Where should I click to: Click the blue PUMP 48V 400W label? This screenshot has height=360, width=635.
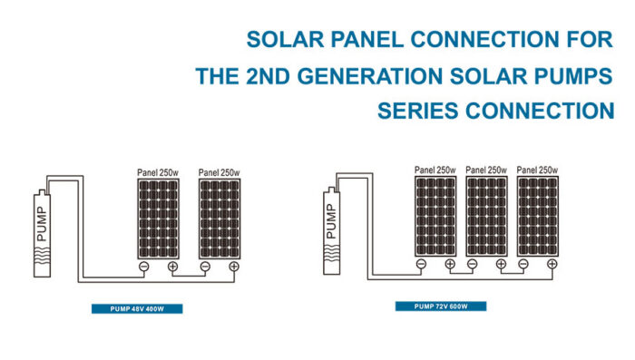click(137, 309)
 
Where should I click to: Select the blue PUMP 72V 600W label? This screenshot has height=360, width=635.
click(440, 306)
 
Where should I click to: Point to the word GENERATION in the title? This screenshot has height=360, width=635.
click(368, 76)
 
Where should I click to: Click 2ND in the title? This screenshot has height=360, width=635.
click(271, 76)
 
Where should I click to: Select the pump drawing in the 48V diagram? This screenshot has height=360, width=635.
click(39, 228)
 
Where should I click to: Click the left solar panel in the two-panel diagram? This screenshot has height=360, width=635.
click(159, 218)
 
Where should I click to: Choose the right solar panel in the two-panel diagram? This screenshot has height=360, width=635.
click(219, 218)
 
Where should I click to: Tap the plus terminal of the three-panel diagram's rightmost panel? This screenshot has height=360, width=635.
click(552, 265)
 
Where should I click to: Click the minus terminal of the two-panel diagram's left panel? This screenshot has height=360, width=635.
click(143, 267)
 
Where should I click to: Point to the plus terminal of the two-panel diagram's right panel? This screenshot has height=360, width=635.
click(233, 267)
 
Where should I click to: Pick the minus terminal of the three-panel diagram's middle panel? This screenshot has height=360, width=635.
click(472, 265)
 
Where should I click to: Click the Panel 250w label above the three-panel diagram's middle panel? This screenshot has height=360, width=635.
click(485, 170)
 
